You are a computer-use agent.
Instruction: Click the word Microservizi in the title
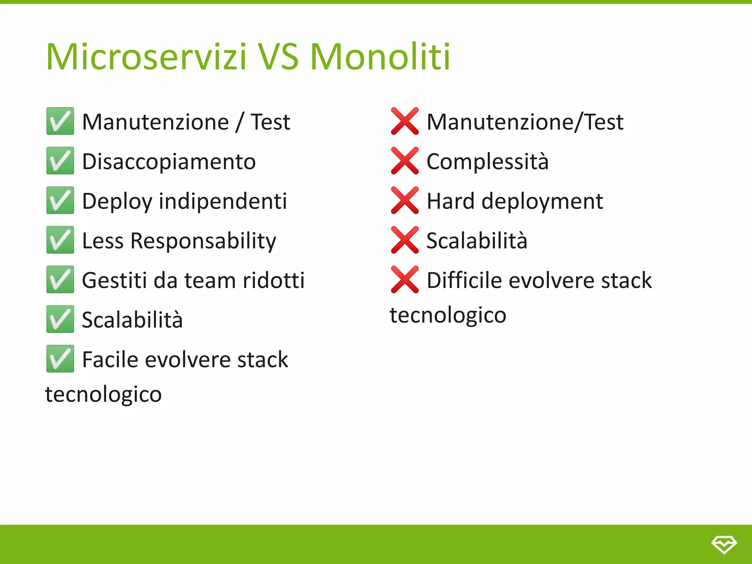point(146,57)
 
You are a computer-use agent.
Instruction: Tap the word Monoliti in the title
point(380,57)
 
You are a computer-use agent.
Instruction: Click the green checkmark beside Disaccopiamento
point(60,161)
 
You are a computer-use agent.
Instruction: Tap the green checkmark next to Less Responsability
point(60,240)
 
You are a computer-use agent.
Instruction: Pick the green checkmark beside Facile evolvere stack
point(60,359)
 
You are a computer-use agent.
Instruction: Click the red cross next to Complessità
point(405,161)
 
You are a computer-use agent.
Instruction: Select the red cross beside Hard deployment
point(405,200)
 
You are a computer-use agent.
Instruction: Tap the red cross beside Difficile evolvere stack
point(405,280)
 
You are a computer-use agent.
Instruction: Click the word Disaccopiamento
point(169,162)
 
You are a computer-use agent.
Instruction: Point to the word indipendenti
point(223,201)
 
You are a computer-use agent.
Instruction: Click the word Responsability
point(203,241)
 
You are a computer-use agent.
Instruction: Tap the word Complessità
point(487,162)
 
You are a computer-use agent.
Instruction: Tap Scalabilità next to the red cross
point(477,241)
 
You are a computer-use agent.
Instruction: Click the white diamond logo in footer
point(724,544)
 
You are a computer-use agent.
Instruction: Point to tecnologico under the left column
point(104,395)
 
